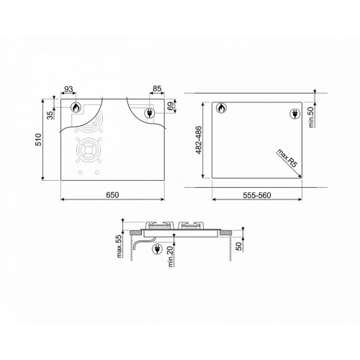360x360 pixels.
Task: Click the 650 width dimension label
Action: (112, 195)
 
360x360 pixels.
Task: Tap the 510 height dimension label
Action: (38, 140)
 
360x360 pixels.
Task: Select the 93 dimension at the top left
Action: (68, 89)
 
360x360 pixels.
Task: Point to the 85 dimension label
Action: (157, 89)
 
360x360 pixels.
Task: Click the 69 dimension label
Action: (170, 106)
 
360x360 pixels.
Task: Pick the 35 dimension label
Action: (50, 115)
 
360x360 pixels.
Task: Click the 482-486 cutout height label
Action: (199, 140)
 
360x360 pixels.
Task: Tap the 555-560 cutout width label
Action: (257, 195)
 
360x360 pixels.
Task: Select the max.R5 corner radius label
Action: (287, 158)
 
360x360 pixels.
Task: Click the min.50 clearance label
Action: (311, 117)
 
